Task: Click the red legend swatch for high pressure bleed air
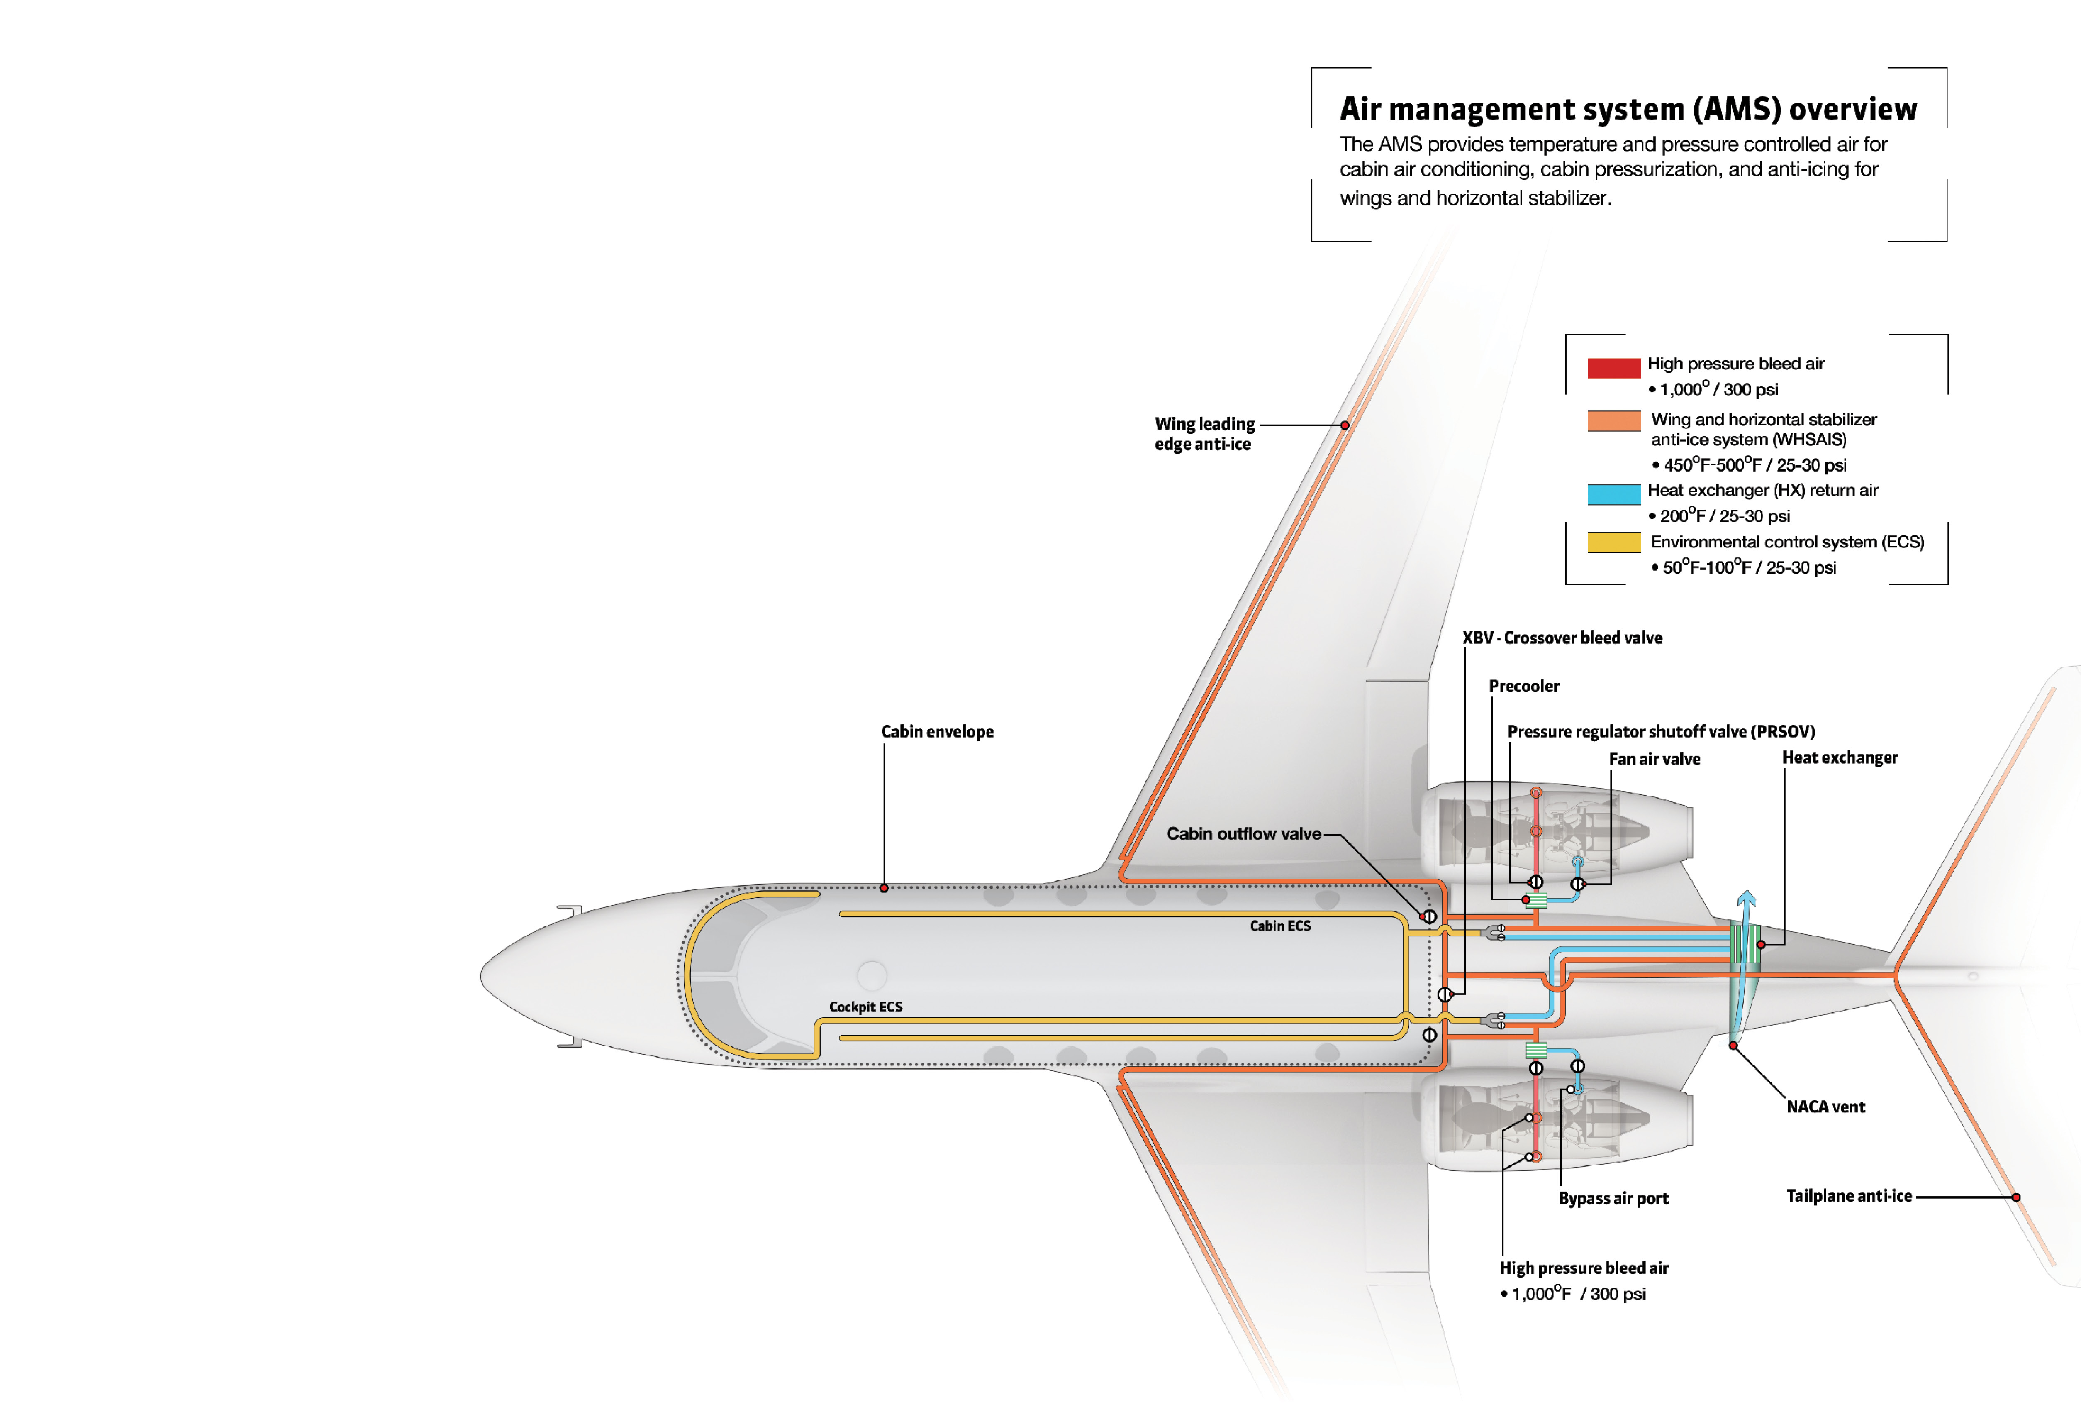point(1613,367)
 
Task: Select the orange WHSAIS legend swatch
point(1613,421)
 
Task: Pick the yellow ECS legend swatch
point(1613,543)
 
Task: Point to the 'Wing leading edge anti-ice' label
point(1204,433)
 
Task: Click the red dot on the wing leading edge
point(1345,425)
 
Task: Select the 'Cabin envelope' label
point(937,732)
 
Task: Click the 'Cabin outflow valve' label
point(1243,834)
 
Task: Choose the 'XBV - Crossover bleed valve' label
point(1562,638)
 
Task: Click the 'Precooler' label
point(1523,686)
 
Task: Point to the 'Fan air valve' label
point(1654,760)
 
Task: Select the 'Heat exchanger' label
point(1839,758)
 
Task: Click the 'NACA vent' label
point(1825,1107)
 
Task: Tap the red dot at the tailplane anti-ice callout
point(2015,1197)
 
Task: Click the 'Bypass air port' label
point(1613,1198)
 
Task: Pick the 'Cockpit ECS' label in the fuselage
point(865,1007)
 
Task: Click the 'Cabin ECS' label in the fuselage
point(1279,926)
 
